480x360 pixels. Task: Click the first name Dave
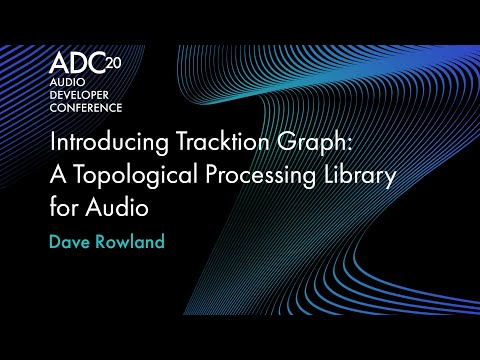point(72,242)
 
